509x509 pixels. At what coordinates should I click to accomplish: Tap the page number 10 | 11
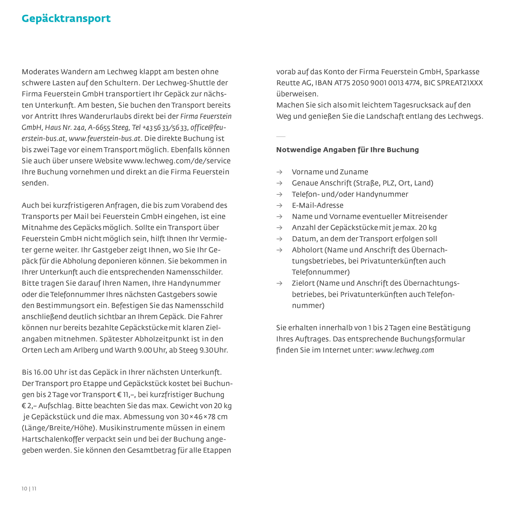[x=29, y=489]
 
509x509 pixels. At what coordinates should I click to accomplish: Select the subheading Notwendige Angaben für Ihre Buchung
[x=347, y=150]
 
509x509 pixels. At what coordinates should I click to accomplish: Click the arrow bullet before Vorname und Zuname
[x=279, y=172]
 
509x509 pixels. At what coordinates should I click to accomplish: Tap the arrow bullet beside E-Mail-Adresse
[x=279, y=205]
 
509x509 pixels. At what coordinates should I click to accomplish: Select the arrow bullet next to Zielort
[x=279, y=283]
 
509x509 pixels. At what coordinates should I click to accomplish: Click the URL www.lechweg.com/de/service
[x=177, y=161]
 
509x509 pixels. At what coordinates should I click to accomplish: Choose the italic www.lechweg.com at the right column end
[x=404, y=350]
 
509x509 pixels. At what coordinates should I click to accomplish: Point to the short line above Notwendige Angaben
[x=281, y=137]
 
